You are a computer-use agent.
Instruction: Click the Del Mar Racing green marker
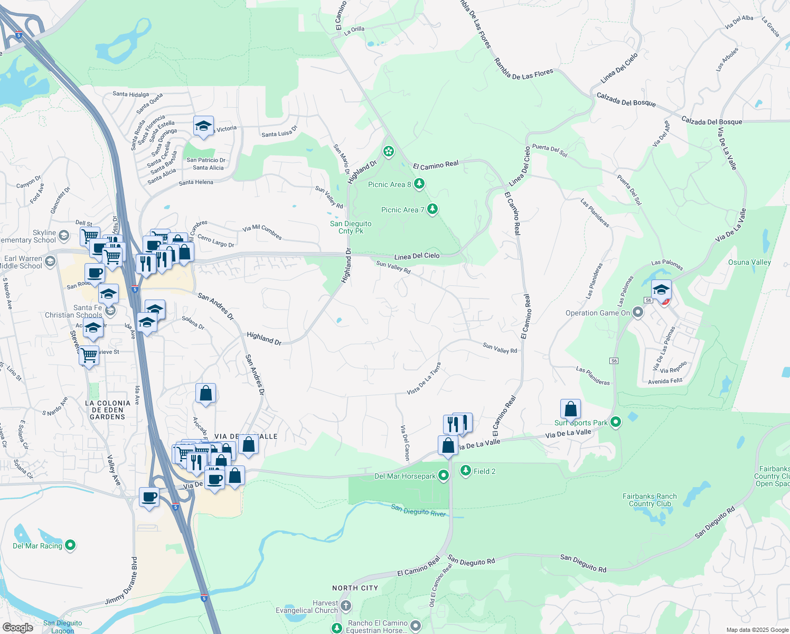tap(70, 545)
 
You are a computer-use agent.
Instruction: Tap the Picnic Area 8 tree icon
tap(419, 184)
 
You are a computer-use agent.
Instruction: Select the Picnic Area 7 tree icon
tap(432, 209)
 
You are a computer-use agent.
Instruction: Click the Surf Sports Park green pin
tap(615, 422)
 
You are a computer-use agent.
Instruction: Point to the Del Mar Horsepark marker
tap(444, 475)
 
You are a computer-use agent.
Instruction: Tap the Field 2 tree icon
tap(465, 471)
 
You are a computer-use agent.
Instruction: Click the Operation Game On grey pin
tap(638, 313)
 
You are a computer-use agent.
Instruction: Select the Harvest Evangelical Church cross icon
tap(345, 605)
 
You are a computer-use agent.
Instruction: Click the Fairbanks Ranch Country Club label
tap(650, 500)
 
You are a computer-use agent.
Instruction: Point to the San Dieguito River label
tap(418, 510)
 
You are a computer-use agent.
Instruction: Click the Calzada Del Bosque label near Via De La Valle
tap(711, 121)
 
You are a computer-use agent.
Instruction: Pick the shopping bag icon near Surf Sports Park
tap(570, 409)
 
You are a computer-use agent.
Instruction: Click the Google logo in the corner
tap(17, 628)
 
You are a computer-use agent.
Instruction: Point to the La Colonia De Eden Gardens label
tap(108, 410)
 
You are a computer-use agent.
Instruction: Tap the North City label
tap(355, 588)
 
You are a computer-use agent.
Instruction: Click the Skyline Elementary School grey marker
tap(63, 235)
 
